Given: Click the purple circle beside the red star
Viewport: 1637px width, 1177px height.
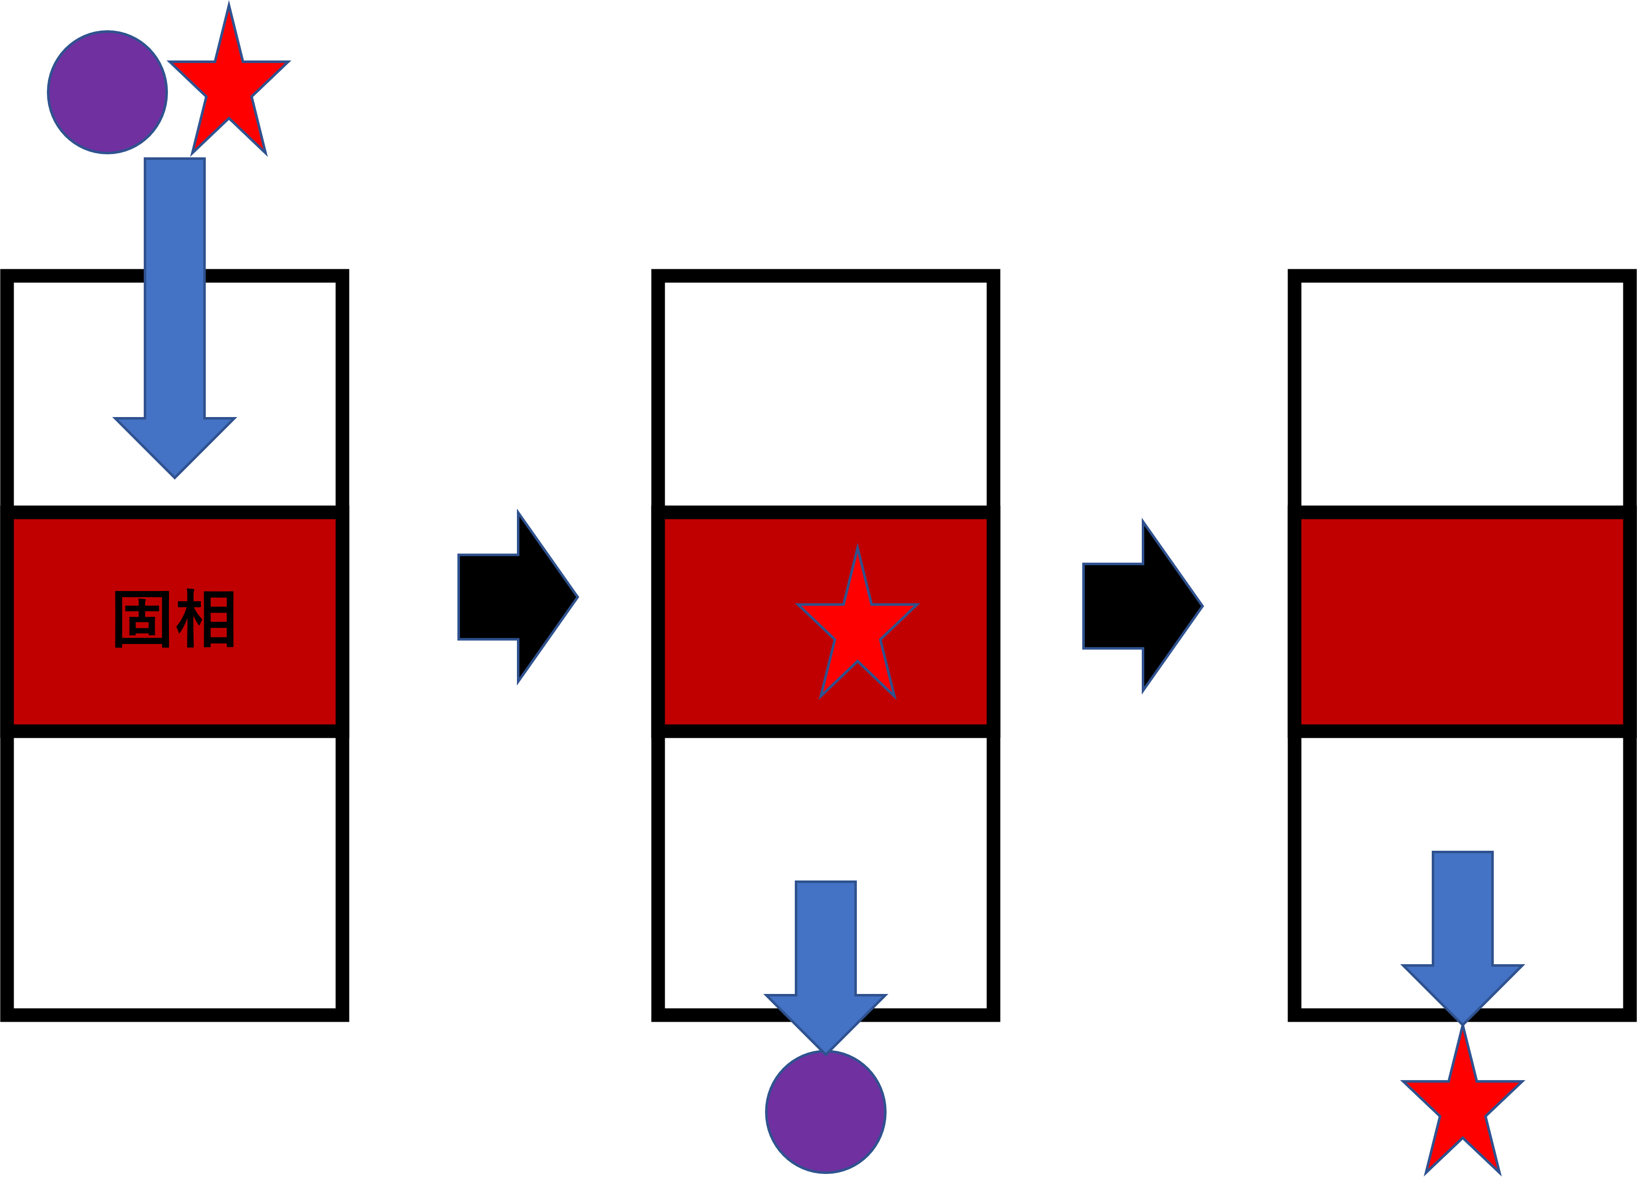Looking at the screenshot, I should pyautogui.click(x=107, y=92).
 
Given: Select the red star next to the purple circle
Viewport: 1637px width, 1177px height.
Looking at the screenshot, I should pyautogui.click(x=229, y=85).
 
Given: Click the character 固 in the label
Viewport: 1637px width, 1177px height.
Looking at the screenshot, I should pyautogui.click(x=142, y=619).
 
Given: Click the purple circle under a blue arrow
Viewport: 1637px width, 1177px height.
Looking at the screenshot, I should pyautogui.click(x=826, y=1112).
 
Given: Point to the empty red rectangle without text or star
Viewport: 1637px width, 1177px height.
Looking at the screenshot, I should pyautogui.click(x=1461, y=621).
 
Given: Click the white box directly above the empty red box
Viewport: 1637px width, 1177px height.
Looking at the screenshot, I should pyautogui.click(x=1461, y=393).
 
